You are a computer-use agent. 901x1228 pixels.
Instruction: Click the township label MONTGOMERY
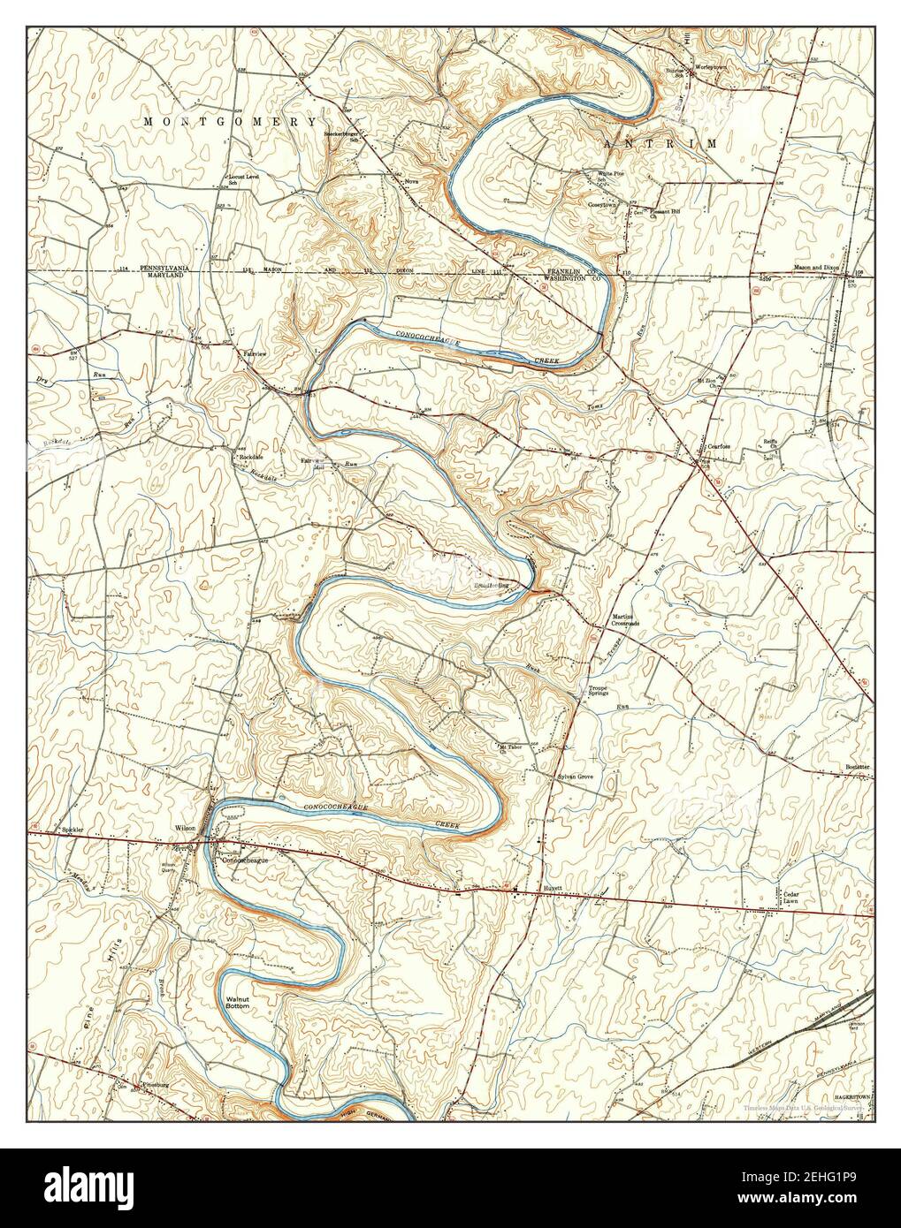tap(230, 120)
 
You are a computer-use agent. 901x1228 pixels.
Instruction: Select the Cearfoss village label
tap(717, 446)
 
